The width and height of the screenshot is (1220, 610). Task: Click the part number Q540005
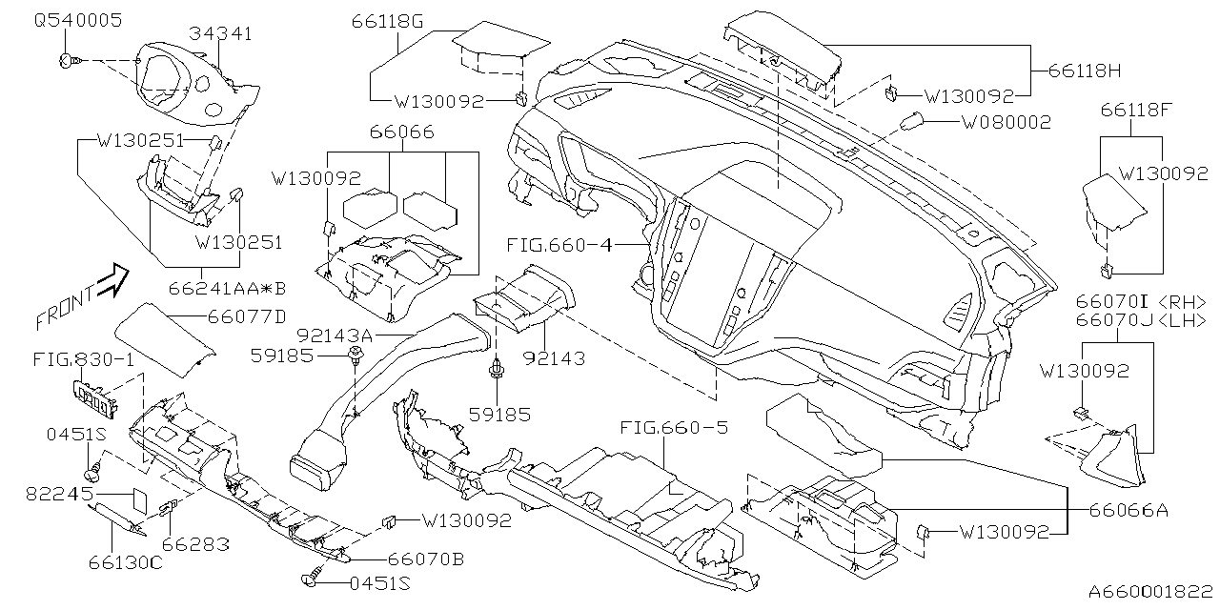(x=77, y=20)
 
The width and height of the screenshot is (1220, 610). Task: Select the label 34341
(x=220, y=34)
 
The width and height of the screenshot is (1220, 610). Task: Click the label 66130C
(x=98, y=562)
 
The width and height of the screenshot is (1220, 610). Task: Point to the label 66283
(x=194, y=544)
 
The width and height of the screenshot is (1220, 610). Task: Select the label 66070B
(x=425, y=559)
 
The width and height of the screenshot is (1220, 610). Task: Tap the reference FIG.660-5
(x=673, y=427)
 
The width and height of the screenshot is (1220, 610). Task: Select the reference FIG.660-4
(x=559, y=245)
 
